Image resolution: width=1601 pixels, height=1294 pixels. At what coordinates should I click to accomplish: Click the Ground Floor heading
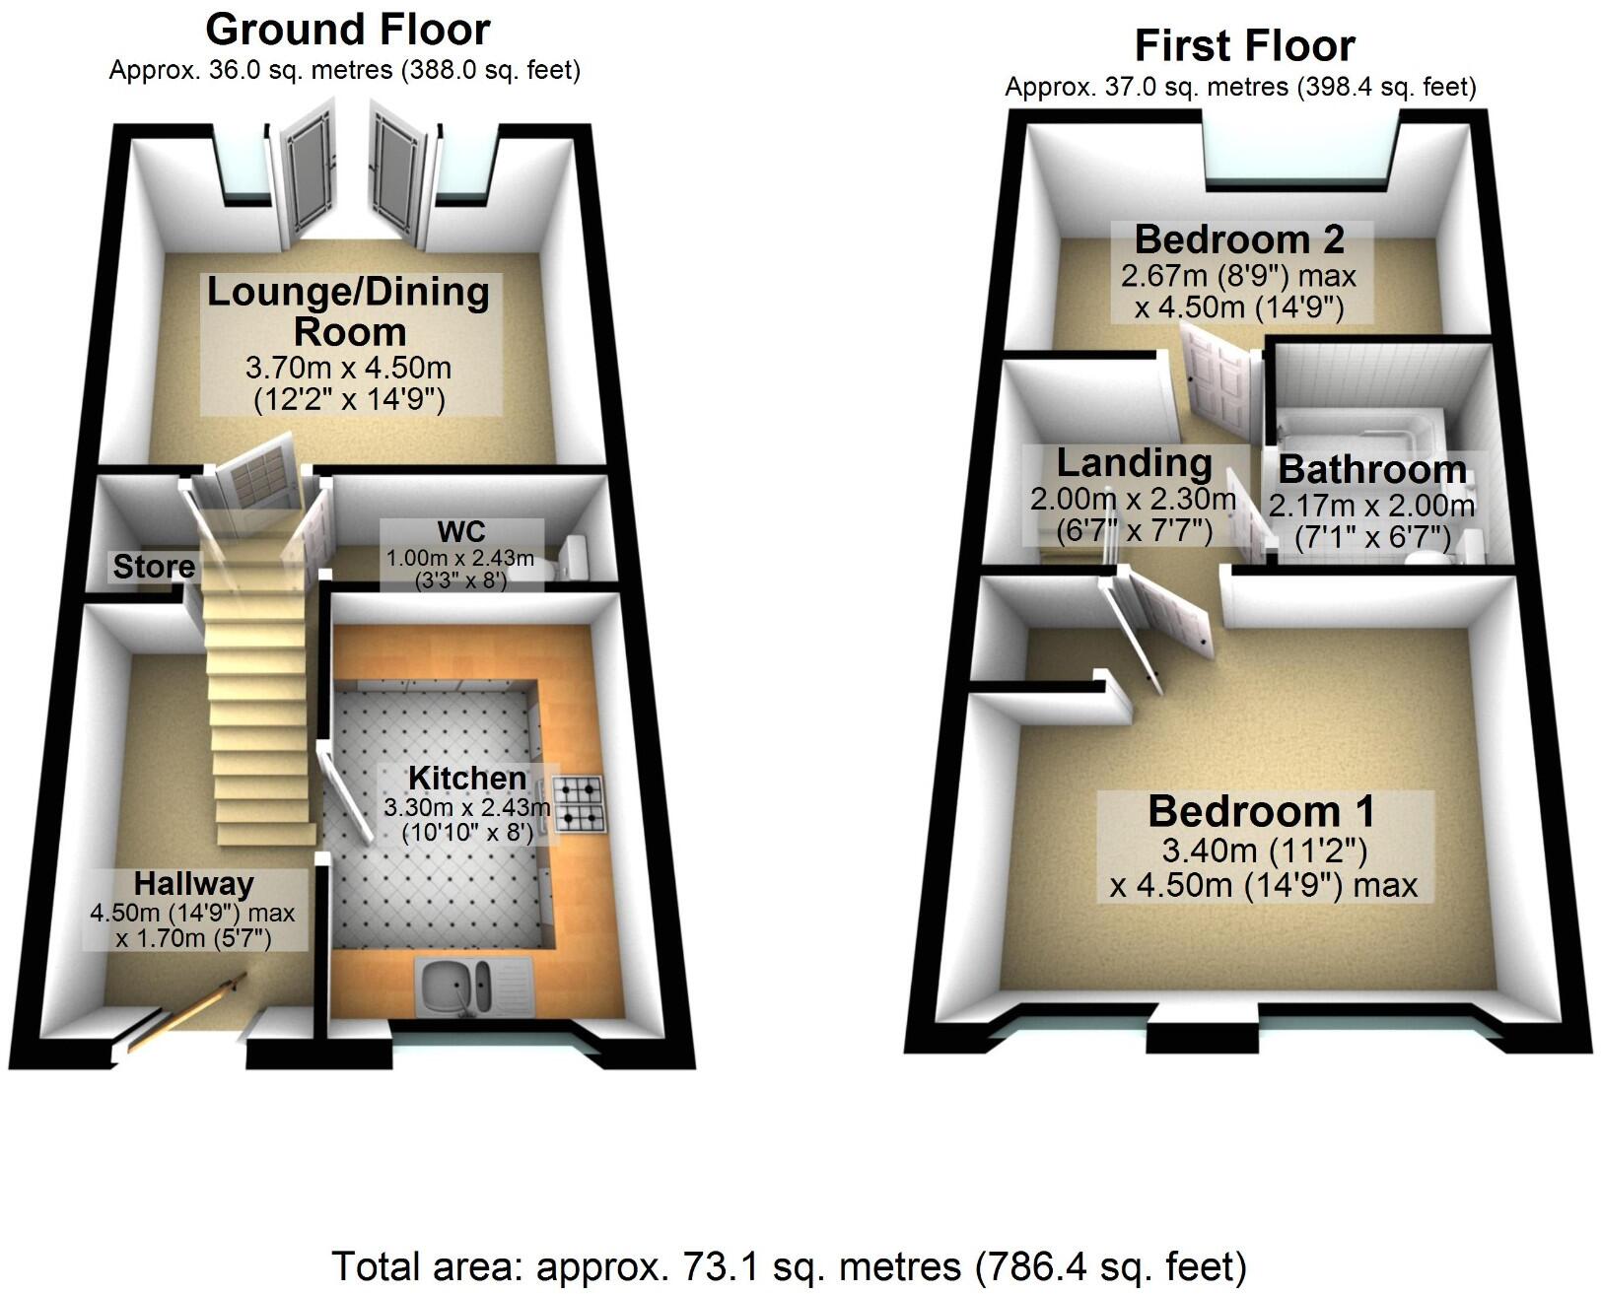pyautogui.click(x=347, y=30)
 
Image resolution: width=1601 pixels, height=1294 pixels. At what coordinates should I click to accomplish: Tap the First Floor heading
pyautogui.click(x=1244, y=45)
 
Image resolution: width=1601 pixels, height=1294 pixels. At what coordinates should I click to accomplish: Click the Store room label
pyautogui.click(x=154, y=567)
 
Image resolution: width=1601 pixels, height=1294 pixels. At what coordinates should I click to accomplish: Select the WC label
pyautogui.click(x=461, y=531)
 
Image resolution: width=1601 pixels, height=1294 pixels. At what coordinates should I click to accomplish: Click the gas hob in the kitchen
pyautogui.click(x=579, y=802)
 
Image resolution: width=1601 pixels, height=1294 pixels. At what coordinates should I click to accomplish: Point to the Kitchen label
pyautogui.click(x=467, y=778)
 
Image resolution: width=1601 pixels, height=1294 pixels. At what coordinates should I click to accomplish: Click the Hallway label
pyautogui.click(x=194, y=883)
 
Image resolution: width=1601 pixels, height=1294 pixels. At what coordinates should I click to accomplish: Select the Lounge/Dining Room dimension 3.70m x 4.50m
pyautogui.click(x=348, y=368)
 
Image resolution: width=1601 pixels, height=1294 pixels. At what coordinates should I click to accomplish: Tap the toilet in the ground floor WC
pyautogui.click(x=572, y=560)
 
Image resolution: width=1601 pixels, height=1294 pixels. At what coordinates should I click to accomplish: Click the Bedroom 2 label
pyautogui.click(x=1239, y=239)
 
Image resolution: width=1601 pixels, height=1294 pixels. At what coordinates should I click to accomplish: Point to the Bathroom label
pyautogui.click(x=1372, y=469)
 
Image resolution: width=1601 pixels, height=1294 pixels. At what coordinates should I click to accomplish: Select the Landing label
pyautogui.click(x=1135, y=462)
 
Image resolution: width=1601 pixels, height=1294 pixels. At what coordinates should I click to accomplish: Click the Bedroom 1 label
pyautogui.click(x=1261, y=811)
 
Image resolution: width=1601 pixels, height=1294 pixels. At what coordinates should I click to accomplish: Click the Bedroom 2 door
pyautogui.click(x=1218, y=379)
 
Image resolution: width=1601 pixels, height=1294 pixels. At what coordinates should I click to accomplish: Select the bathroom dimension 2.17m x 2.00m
pyautogui.click(x=1371, y=507)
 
